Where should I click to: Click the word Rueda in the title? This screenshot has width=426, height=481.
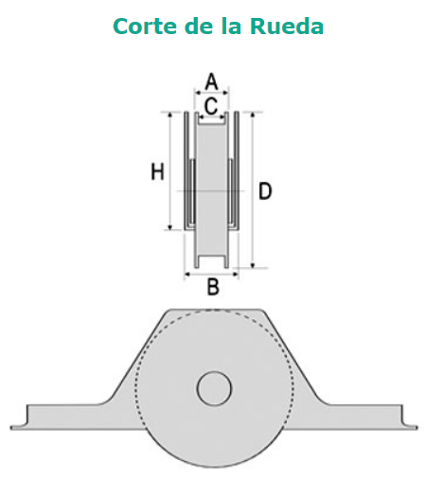pos(287,26)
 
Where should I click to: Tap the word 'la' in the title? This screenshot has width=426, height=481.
pos(231,26)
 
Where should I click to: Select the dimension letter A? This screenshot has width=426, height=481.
pos(211,81)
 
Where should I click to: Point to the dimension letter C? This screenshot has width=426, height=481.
pos(211,106)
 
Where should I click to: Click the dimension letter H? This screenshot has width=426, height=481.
pos(158,171)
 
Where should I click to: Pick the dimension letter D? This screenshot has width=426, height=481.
pos(265,191)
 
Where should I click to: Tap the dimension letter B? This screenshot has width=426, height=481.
pos(213,287)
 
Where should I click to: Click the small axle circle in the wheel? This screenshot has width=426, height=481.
pos(214,388)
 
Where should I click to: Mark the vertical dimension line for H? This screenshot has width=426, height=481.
pos(170,171)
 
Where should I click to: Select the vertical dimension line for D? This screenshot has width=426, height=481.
pos(253,190)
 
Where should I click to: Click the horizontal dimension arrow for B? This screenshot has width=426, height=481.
pos(211,275)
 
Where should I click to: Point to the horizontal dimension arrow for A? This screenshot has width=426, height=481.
pos(211,93)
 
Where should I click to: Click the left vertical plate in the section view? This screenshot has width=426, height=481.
pos(186,170)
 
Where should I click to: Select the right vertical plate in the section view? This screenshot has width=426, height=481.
pos(237,170)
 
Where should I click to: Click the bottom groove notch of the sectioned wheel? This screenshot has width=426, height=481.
pos(212,261)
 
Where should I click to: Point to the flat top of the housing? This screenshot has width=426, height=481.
pos(214,311)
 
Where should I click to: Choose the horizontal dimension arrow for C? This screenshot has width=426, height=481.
pos(211,117)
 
